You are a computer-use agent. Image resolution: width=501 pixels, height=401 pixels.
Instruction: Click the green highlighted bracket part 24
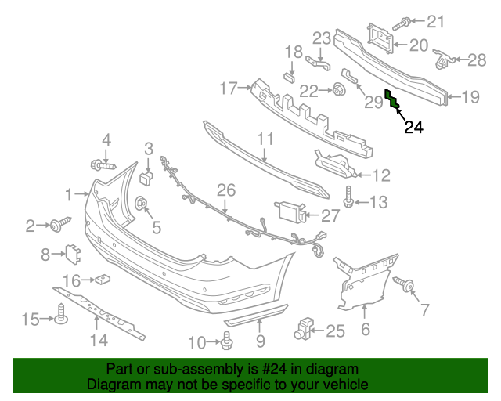[391, 99]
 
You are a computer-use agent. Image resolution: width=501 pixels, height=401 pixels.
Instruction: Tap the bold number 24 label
[413, 128]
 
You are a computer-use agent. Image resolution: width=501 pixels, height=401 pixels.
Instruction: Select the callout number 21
[434, 22]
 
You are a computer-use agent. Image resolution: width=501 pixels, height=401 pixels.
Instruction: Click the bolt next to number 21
[406, 23]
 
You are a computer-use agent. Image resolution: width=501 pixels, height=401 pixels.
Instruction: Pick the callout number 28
[477, 60]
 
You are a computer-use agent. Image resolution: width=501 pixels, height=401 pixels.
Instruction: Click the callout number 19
[470, 97]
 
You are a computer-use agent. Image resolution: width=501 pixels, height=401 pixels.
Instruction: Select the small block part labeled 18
[287, 76]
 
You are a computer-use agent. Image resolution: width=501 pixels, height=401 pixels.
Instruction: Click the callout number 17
[227, 89]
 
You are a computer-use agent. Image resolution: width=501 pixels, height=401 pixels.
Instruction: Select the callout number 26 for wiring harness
[226, 190]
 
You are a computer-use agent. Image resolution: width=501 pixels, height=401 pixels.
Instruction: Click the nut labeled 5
[142, 205]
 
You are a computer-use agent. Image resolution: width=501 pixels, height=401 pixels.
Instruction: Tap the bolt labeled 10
[228, 341]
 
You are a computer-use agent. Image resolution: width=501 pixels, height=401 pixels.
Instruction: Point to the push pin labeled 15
[59, 317]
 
